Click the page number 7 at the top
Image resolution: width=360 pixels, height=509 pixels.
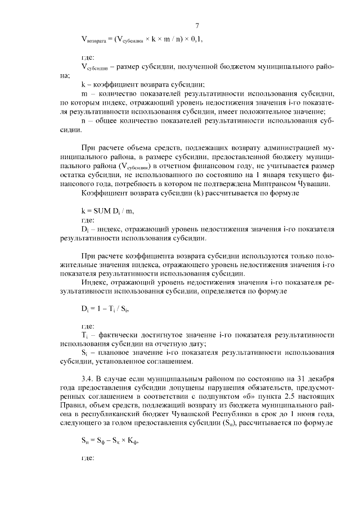point(197,25)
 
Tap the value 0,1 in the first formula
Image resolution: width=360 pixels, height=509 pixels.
point(192,38)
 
